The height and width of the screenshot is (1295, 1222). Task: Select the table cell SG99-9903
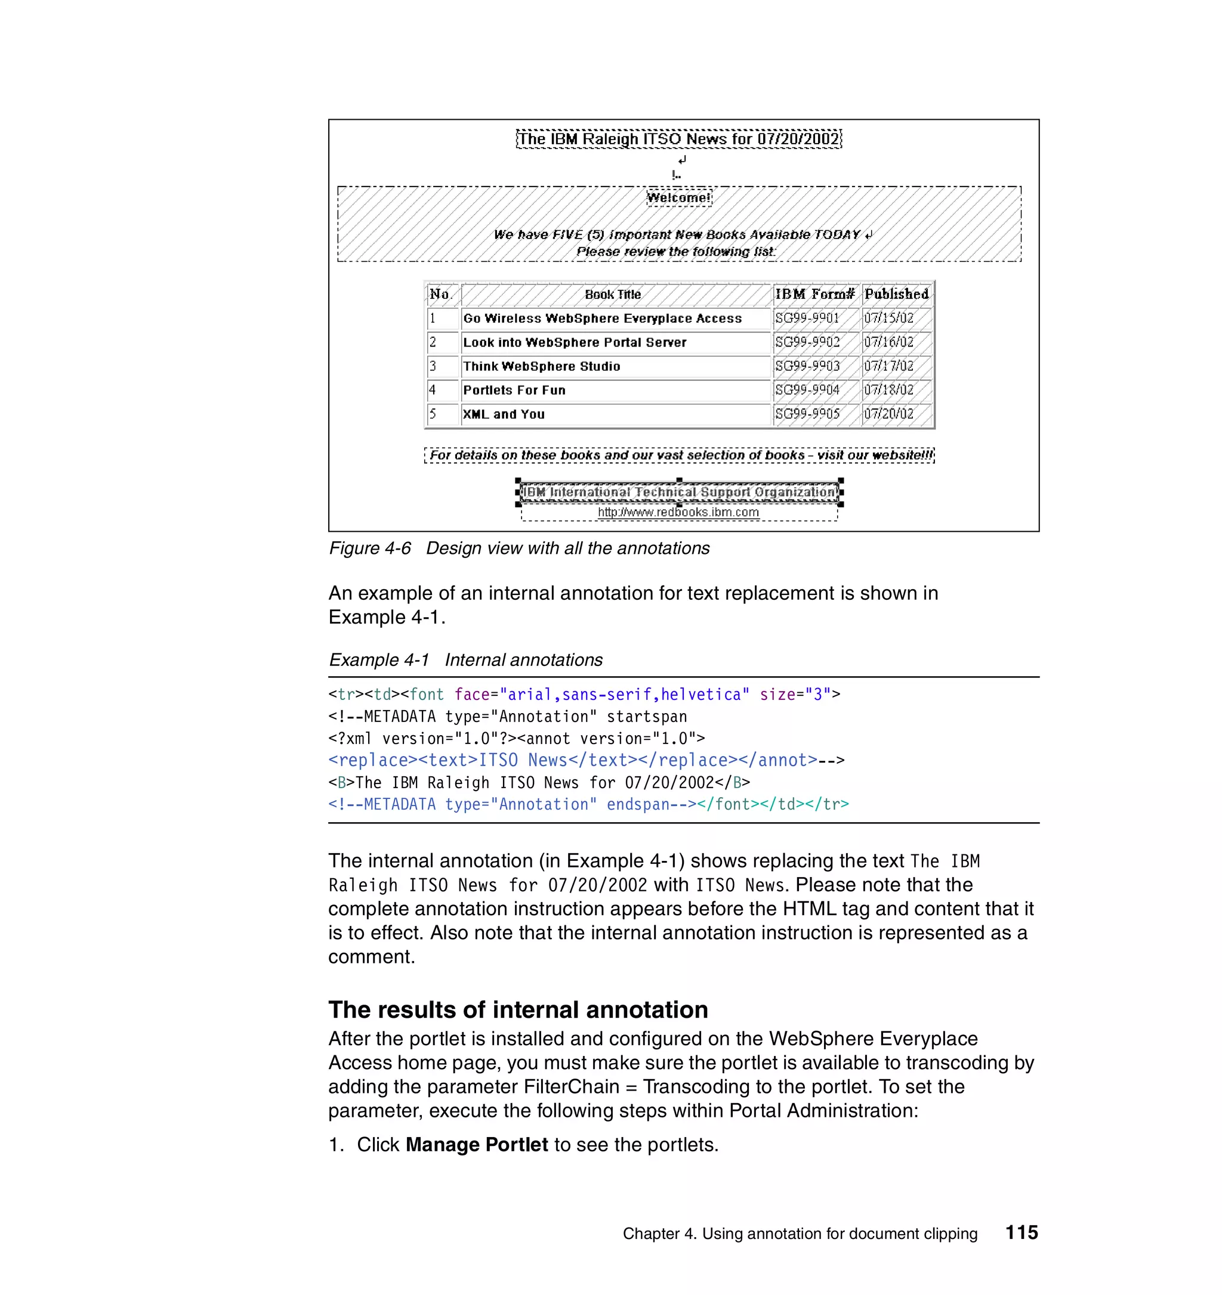click(807, 366)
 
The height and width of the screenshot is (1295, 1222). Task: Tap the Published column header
click(896, 295)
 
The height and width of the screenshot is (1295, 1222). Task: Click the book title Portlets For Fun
click(514, 390)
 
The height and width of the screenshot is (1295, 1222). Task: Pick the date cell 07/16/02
click(888, 342)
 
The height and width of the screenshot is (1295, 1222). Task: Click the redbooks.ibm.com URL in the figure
click(678, 513)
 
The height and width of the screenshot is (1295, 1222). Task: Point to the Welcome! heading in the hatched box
click(678, 197)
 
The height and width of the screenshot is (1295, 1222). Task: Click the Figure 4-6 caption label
click(369, 549)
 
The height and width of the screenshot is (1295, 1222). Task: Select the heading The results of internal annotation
click(517, 1009)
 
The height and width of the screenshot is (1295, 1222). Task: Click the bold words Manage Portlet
click(476, 1145)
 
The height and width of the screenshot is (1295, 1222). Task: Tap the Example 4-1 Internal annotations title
click(465, 660)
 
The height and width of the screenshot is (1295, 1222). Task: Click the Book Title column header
click(613, 295)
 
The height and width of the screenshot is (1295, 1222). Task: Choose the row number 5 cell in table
click(433, 414)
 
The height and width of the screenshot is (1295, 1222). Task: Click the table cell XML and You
click(503, 414)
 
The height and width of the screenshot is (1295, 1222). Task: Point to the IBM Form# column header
click(814, 295)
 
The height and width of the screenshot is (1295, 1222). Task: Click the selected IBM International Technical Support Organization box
click(679, 492)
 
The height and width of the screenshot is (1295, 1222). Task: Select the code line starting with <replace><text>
click(585, 760)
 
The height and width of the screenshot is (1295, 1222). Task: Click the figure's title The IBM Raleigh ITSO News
click(678, 139)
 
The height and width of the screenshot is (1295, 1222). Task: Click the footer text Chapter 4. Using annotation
click(800, 1234)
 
